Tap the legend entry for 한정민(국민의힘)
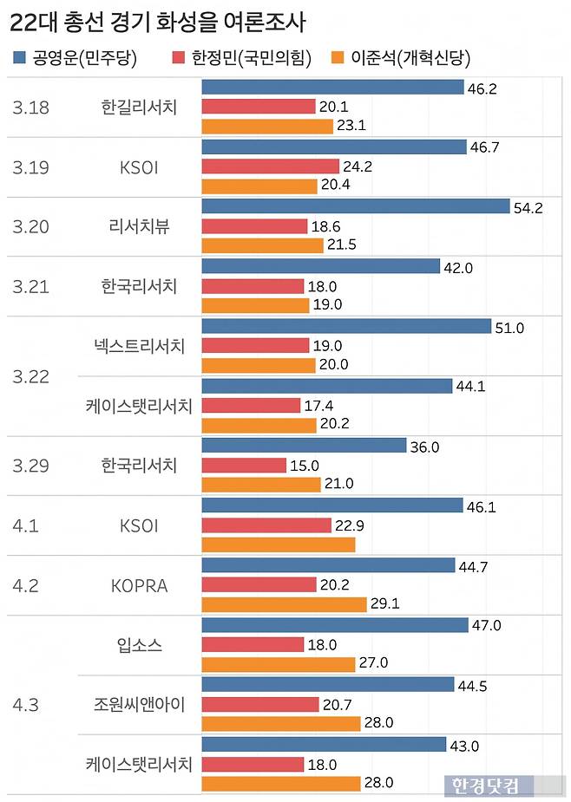coord(233,58)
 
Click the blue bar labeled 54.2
coord(355,206)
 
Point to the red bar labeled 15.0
coord(244,466)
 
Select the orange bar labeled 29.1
coord(284,605)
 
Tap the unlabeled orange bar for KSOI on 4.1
coord(279,544)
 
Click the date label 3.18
coord(31,108)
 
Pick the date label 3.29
coord(31,466)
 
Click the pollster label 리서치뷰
coord(139,226)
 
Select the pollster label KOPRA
coord(139,585)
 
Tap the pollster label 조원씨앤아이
coord(139,704)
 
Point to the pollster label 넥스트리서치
coord(139,346)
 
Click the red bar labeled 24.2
coord(270,166)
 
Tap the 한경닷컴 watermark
coord(484,786)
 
